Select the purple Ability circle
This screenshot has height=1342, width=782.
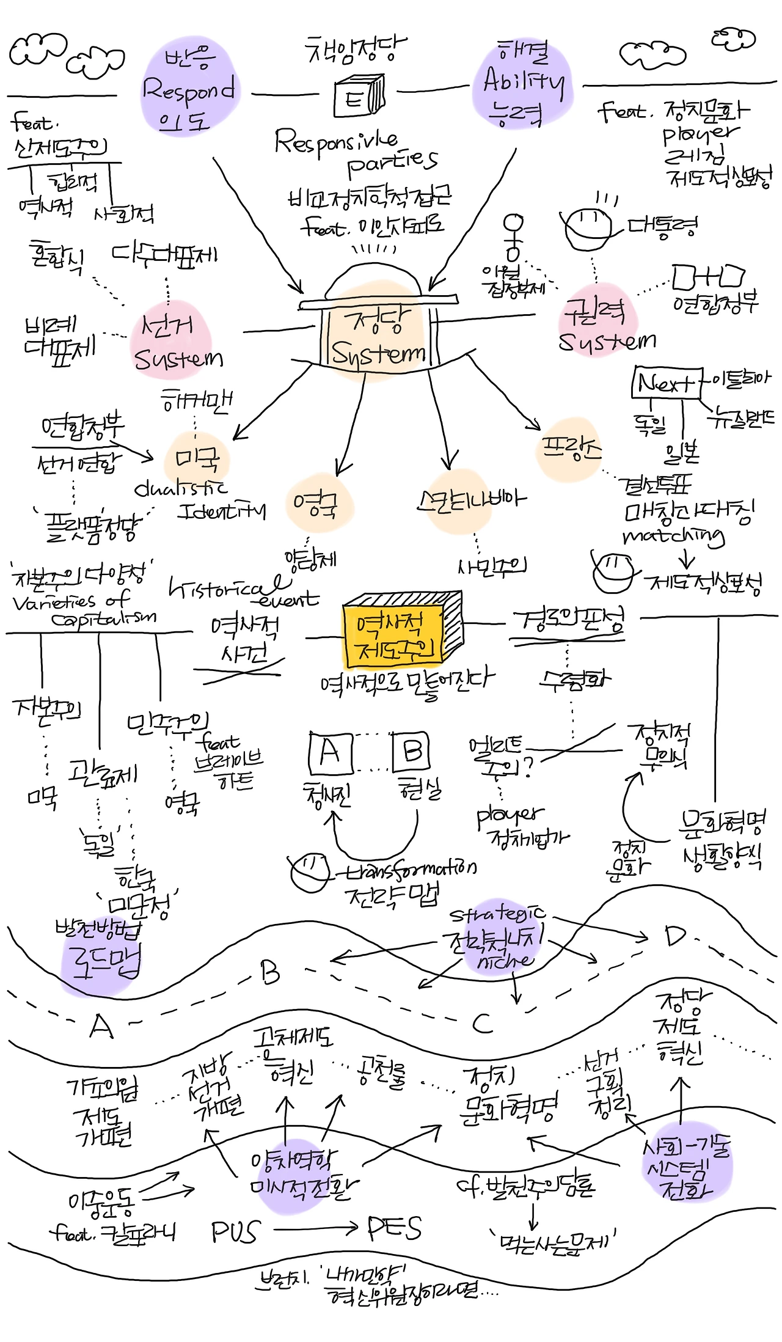[523, 82]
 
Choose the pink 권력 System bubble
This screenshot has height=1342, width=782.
[599, 324]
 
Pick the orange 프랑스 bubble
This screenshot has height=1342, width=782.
[569, 449]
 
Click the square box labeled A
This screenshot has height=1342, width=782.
[330, 753]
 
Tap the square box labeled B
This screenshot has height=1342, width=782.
[411, 752]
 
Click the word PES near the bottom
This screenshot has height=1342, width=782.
[395, 1228]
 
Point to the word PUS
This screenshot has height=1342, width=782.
[235, 1231]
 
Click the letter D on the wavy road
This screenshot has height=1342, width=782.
[675, 936]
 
